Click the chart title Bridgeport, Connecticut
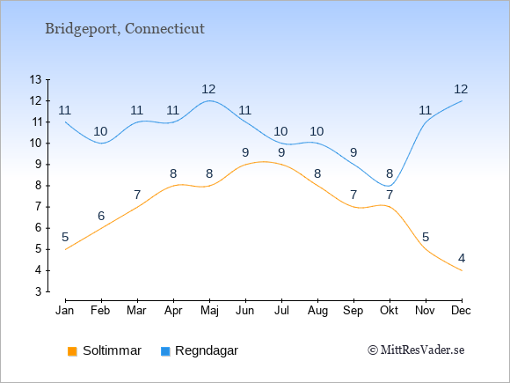click(x=125, y=29)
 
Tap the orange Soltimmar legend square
click(x=72, y=351)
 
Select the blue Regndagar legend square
click(x=165, y=351)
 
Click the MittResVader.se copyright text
click(x=416, y=350)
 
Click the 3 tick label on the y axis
click(x=39, y=291)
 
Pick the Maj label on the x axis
click(x=209, y=311)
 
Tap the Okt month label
click(x=389, y=311)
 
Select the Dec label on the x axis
click(x=461, y=311)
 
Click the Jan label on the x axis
click(x=65, y=311)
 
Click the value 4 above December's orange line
click(x=462, y=259)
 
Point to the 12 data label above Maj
click(x=208, y=89)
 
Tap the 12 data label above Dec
click(x=461, y=89)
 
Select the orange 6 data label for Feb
click(x=101, y=216)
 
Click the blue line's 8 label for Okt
click(x=390, y=174)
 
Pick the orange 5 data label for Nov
click(x=426, y=237)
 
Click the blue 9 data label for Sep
click(x=353, y=152)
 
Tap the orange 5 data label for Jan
click(x=65, y=237)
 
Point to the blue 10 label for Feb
click(x=100, y=131)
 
